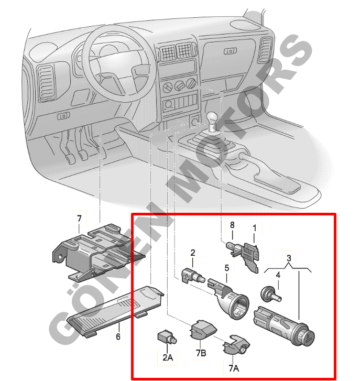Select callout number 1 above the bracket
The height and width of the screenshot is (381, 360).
pyautogui.click(x=255, y=228)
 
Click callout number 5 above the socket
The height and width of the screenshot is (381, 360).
pyautogui.click(x=227, y=267)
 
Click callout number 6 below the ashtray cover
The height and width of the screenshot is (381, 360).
pyautogui.click(x=118, y=336)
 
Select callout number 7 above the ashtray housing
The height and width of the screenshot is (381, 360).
pyautogui.click(x=80, y=218)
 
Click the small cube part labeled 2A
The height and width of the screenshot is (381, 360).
pyautogui.click(x=166, y=336)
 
